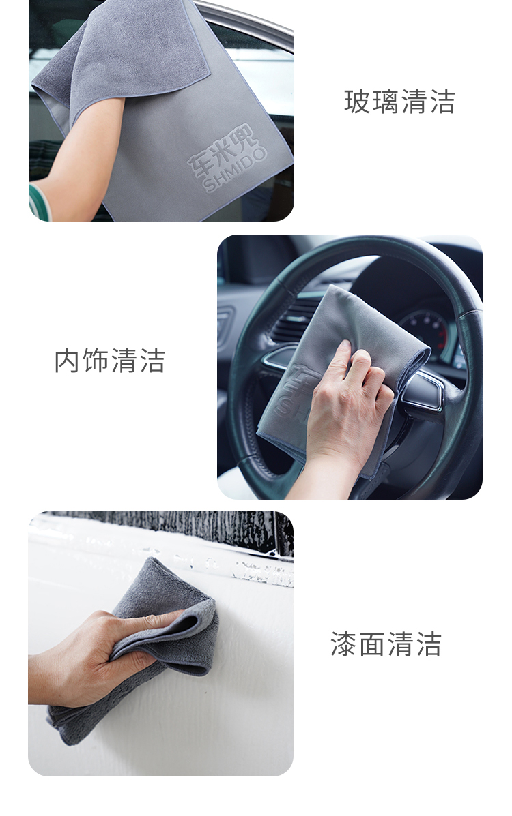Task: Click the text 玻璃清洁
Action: pos(399,102)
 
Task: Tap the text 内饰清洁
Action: pos(109,361)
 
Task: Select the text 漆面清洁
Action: pos(386,644)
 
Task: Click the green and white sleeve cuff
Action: pos(39,202)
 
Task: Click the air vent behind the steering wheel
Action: pos(295,320)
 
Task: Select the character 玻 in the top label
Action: pos(356,102)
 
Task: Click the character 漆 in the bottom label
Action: pos(343,644)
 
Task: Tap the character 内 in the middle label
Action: pos(68,361)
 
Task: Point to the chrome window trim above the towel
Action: pos(245,18)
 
